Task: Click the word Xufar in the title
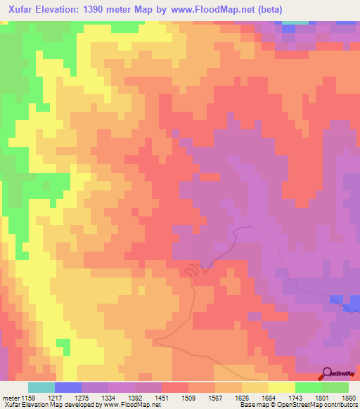click(25, 10)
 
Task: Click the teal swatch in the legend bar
click(41, 387)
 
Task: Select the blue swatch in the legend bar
click(68, 387)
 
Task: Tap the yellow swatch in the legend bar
click(282, 387)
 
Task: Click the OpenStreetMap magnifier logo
click(328, 373)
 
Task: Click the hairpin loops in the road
click(193, 270)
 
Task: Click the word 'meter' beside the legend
click(11, 397)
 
